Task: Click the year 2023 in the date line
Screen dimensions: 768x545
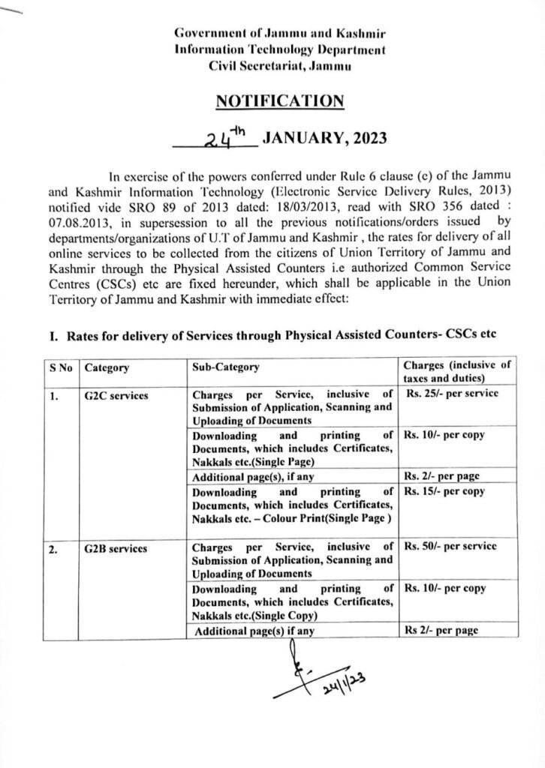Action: coord(365,137)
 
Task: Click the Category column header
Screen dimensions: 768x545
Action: coord(107,367)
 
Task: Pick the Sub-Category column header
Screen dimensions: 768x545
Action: coord(226,367)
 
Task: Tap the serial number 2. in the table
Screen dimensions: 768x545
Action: coord(53,548)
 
